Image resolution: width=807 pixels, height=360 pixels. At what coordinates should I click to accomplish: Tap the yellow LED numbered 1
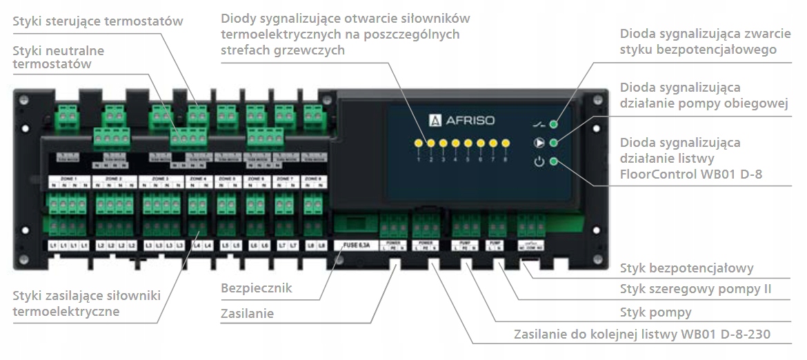418,144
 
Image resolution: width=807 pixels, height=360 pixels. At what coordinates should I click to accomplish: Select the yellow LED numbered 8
505,144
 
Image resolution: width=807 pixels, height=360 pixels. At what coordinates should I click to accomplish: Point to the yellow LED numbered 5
468,144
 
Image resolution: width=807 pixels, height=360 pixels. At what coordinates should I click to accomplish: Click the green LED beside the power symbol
553,163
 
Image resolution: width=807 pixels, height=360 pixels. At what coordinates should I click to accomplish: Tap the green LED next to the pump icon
553,144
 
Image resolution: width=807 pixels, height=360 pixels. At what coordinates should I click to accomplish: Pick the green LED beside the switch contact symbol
553,125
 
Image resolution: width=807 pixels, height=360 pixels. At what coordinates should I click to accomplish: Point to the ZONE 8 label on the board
314,179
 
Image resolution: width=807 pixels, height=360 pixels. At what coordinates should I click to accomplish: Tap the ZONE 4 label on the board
198,179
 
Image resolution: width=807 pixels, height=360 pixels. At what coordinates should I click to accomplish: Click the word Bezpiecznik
255,288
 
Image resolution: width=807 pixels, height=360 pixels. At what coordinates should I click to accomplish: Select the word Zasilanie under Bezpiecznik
247,314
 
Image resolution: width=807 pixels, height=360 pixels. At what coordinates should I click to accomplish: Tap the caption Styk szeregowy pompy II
695,290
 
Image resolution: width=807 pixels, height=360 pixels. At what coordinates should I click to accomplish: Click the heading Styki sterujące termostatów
98,21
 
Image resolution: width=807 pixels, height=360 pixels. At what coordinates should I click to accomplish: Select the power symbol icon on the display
539,163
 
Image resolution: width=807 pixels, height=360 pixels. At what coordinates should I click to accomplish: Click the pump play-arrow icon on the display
539,144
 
